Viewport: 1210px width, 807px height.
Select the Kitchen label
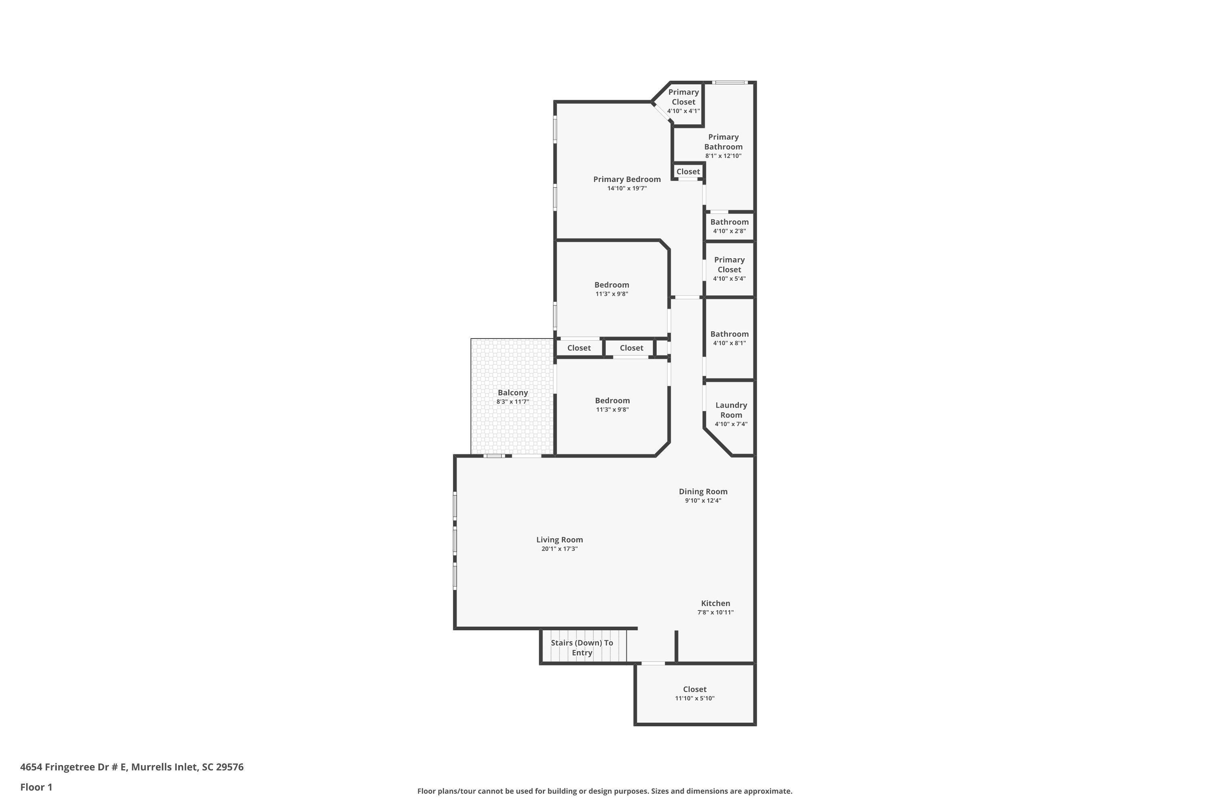(715, 603)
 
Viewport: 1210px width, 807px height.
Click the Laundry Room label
(730, 410)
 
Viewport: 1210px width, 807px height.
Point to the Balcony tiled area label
(512, 393)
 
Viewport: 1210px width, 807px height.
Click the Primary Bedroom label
(627, 179)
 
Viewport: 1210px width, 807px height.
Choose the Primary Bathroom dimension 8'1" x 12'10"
(723, 156)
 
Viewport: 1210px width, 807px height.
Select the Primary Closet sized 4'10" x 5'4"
(729, 269)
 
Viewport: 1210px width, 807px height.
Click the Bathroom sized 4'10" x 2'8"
(729, 226)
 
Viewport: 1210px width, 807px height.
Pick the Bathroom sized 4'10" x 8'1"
(729, 338)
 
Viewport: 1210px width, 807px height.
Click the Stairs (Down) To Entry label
(582, 648)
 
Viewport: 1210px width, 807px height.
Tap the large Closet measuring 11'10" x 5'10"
(695, 693)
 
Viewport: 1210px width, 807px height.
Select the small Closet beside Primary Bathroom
(688, 171)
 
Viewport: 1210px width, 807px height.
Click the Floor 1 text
(36, 787)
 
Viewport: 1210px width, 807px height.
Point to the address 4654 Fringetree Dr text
(132, 767)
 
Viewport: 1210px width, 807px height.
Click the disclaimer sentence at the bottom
(605, 791)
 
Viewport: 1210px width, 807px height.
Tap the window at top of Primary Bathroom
(729, 82)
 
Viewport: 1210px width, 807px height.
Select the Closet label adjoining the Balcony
(579, 348)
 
